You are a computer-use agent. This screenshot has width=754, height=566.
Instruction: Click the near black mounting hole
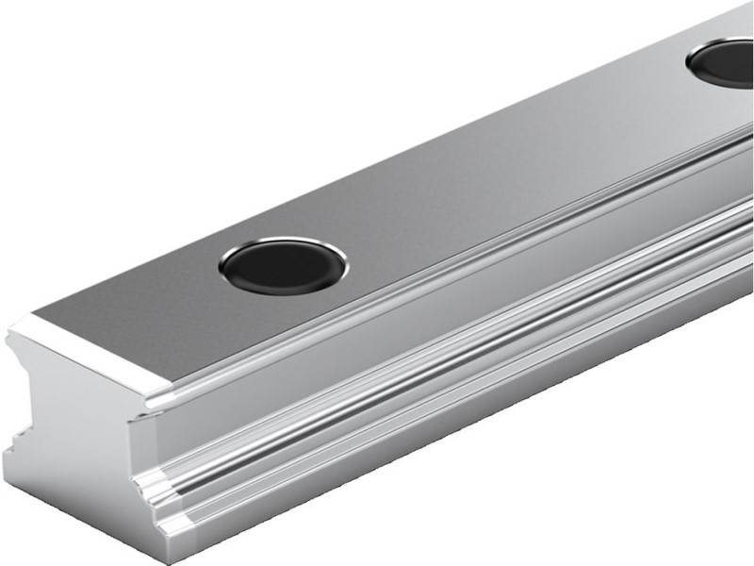click(x=282, y=265)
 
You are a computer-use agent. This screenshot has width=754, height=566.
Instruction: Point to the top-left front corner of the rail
click(x=13, y=325)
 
